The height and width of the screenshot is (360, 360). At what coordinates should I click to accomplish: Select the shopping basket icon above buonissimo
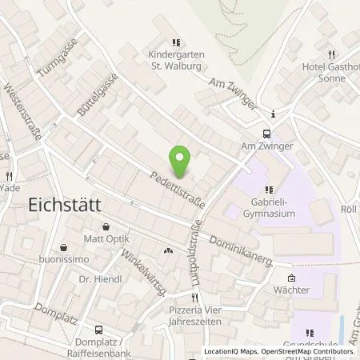pos(63,248)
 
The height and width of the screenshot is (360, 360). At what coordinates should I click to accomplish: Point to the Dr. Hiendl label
pos(97,281)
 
